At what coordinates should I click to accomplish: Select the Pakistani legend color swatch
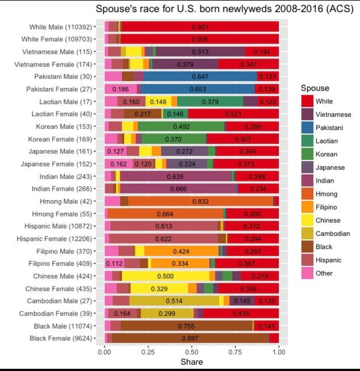pos(308,128)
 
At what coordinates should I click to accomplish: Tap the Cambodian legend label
pos(332,234)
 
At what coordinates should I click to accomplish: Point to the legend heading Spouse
pos(315,88)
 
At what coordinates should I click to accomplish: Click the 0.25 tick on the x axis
pos(148,351)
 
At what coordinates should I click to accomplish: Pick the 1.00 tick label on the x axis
pos(279,351)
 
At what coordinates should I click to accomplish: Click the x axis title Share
pos(192,362)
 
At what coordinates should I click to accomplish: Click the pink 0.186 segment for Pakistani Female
pos(121,89)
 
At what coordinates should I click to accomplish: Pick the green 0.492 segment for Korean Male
pos(181,127)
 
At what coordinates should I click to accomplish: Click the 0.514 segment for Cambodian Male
pos(174,301)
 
